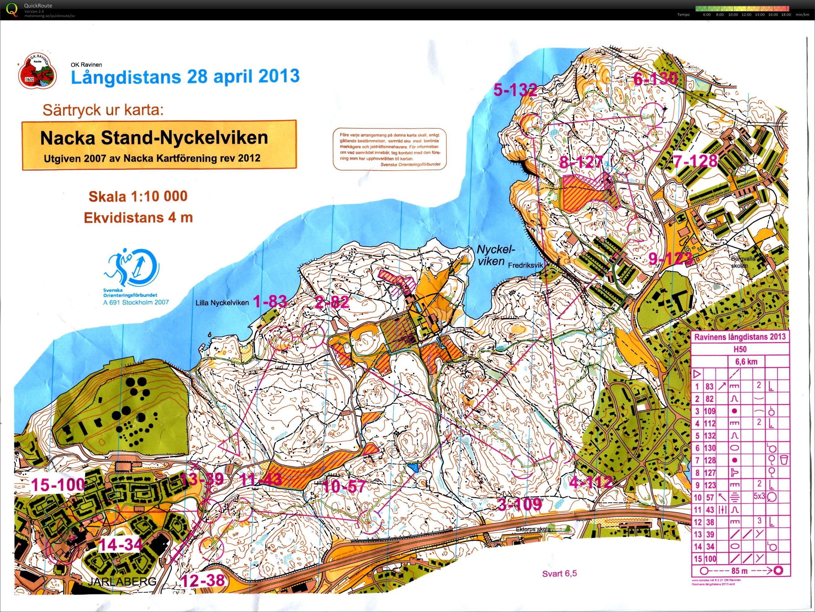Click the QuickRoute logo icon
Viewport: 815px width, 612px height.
pyautogui.click(x=12, y=9)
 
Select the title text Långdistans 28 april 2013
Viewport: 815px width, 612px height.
pyautogui.click(x=185, y=77)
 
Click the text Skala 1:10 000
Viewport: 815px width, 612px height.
pyautogui.click(x=138, y=196)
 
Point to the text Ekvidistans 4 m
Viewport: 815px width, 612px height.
pyautogui.click(x=138, y=217)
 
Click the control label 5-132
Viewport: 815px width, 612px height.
pyautogui.click(x=515, y=90)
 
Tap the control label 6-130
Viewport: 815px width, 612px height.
pyautogui.click(x=655, y=78)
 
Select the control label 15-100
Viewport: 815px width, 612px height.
pyautogui.click(x=58, y=485)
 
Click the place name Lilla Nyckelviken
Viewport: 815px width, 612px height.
pyautogui.click(x=222, y=303)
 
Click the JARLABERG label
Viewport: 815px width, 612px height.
pyautogui.click(x=122, y=581)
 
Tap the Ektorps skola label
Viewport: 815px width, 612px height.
pyautogui.click(x=533, y=529)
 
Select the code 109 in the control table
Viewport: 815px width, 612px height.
pyautogui.click(x=710, y=411)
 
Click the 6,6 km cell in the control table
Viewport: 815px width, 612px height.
pyautogui.click(x=746, y=362)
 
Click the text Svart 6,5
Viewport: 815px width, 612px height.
pyautogui.click(x=559, y=573)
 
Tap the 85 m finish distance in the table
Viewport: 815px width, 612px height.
pyautogui.click(x=739, y=571)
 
